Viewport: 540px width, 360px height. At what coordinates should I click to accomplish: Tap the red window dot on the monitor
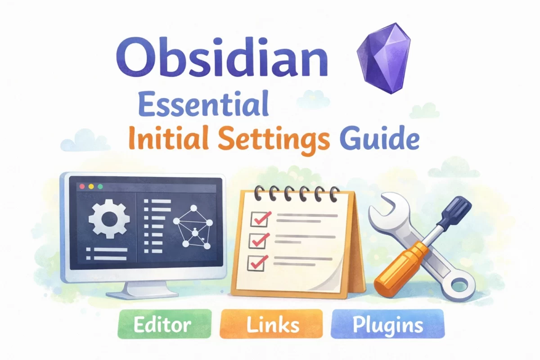pyautogui.click(x=82, y=186)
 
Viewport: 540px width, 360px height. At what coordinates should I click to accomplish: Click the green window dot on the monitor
pyautogui.click(x=100, y=186)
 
